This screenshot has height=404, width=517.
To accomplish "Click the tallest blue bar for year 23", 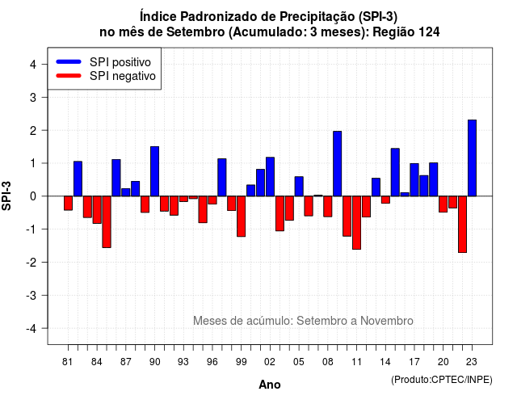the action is click(472, 158).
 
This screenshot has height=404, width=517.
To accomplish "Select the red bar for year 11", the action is click(356, 223).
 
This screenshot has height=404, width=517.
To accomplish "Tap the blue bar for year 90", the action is click(154, 171).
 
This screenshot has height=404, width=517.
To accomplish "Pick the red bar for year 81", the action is click(68, 203).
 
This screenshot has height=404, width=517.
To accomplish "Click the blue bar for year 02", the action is click(270, 177).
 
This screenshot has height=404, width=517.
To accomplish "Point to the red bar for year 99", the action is click(241, 217).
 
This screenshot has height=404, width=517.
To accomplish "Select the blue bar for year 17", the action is click(414, 179).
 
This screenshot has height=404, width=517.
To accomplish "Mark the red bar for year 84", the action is click(97, 210).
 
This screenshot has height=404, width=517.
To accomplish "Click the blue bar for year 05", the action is click(299, 187).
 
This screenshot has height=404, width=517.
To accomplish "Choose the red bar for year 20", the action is click(443, 204).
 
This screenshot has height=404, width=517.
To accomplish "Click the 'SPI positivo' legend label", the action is click(120, 62).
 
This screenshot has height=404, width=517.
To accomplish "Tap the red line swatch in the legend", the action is click(69, 76).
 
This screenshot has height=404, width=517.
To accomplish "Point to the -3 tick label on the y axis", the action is click(32, 295).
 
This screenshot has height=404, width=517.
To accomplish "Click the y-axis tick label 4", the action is click(33, 65).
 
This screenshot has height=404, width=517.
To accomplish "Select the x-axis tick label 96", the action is click(212, 362).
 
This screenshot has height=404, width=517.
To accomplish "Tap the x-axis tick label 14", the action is click(385, 362).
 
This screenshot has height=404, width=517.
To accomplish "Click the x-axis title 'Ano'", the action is click(270, 385).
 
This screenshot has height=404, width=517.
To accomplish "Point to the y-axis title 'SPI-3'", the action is click(6, 196).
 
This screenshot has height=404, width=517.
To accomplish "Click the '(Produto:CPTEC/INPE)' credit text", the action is click(442, 380).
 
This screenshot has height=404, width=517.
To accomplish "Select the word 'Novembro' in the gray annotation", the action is click(387, 321).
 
